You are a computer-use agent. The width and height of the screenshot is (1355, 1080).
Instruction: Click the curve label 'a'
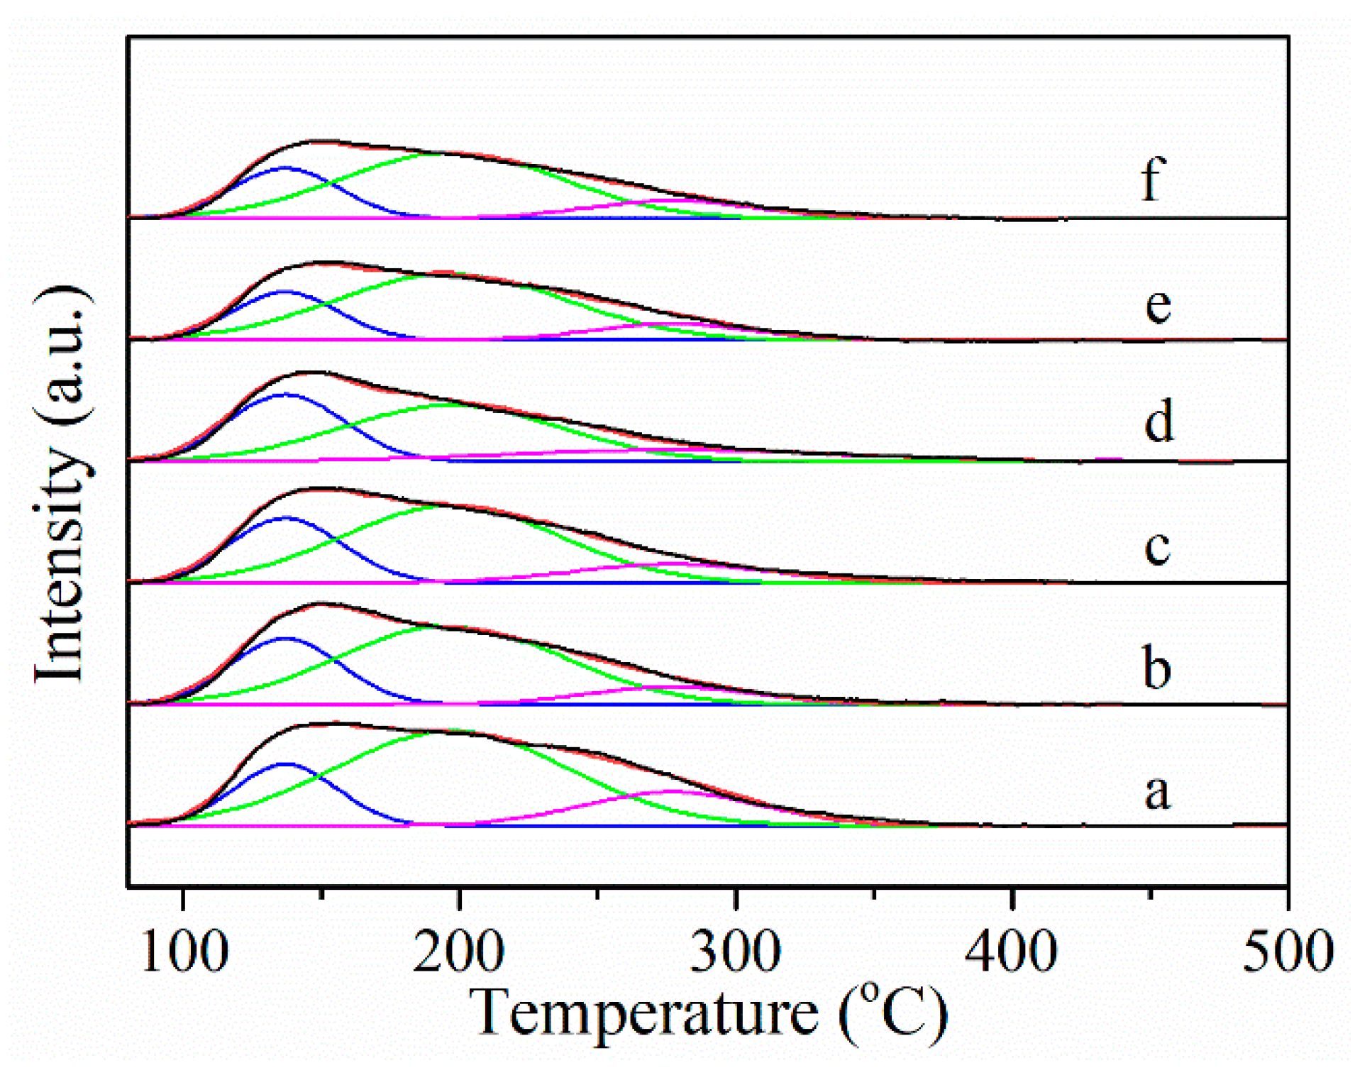(x=1156, y=792)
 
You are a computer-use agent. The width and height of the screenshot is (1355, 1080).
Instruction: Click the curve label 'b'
(x=1156, y=668)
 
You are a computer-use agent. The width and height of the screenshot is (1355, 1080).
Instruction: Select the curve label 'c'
(x=1156, y=547)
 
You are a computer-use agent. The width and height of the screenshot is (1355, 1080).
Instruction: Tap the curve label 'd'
(x=1158, y=421)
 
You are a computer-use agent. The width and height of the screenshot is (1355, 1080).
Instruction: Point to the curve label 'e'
(x=1158, y=306)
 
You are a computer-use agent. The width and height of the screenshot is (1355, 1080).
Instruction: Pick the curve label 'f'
(x=1154, y=180)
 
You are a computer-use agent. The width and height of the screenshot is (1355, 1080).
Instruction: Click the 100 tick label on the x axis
(x=184, y=952)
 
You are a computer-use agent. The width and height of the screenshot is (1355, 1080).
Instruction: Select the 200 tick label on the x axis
(x=459, y=952)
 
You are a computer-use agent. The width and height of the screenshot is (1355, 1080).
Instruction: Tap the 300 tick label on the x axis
(x=736, y=952)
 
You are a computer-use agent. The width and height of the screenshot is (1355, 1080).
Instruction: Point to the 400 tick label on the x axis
(x=1012, y=952)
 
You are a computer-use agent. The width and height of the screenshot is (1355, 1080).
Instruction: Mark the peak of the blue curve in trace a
(x=286, y=764)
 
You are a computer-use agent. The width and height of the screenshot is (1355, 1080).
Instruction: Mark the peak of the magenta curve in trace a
(x=673, y=790)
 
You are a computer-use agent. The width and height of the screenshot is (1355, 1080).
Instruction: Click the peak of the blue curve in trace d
(x=286, y=394)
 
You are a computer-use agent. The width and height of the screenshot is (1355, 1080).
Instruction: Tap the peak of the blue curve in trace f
(x=286, y=167)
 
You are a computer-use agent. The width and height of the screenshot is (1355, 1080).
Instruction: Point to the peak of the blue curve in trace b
(x=285, y=638)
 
